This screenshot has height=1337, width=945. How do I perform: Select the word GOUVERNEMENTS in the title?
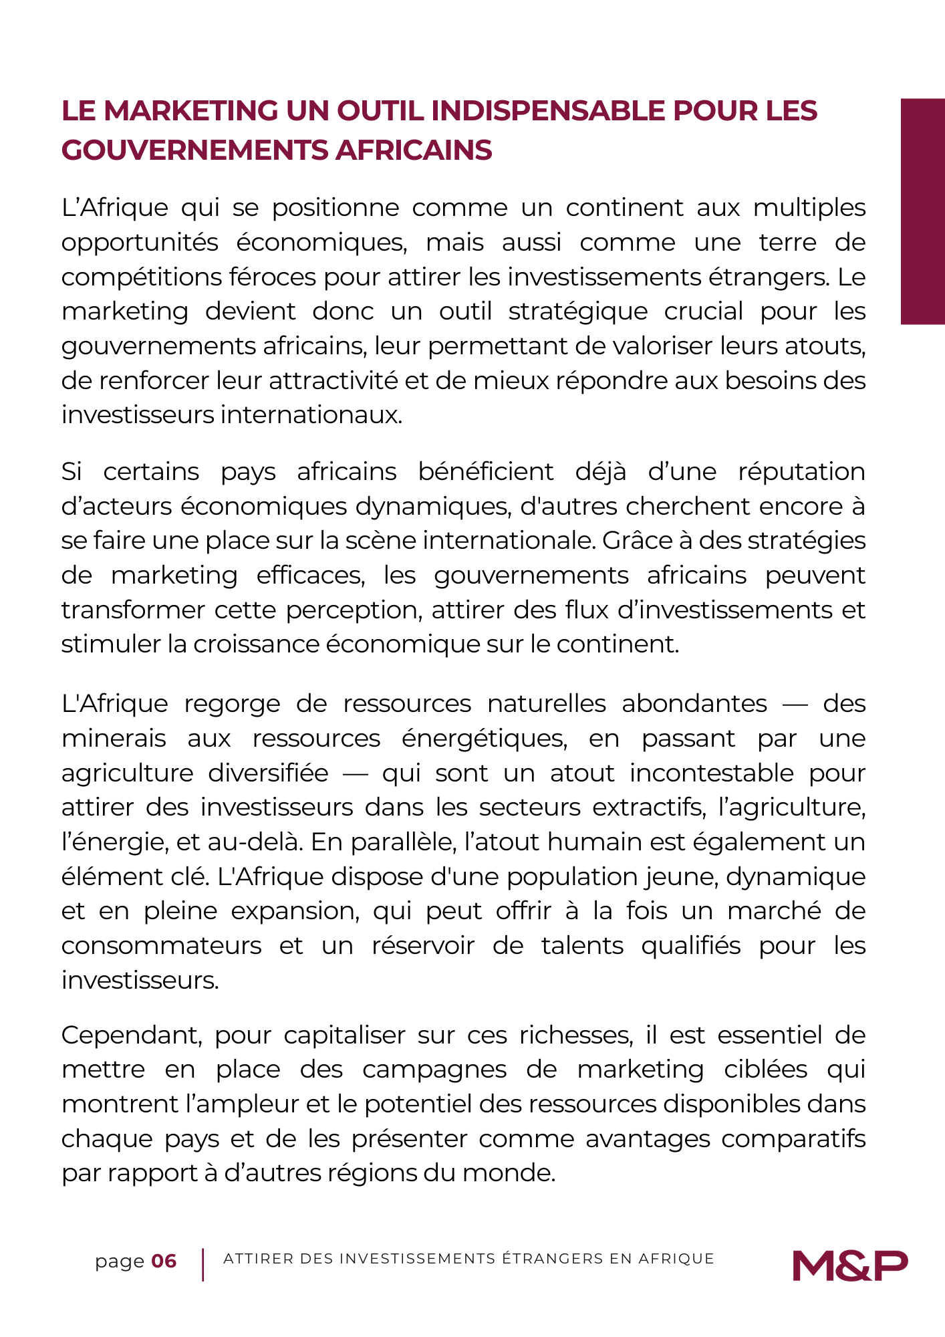pos(194,150)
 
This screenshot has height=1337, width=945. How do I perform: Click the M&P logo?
pos(850,1265)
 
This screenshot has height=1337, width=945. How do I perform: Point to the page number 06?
pos(164,1261)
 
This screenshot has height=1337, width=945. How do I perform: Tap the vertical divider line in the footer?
pos(202,1264)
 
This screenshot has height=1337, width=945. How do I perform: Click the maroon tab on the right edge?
pos(922,211)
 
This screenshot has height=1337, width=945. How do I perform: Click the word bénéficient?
pos(486,472)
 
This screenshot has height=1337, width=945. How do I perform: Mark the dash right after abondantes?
pos(795,705)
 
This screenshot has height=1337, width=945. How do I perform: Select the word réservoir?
pos(423,946)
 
